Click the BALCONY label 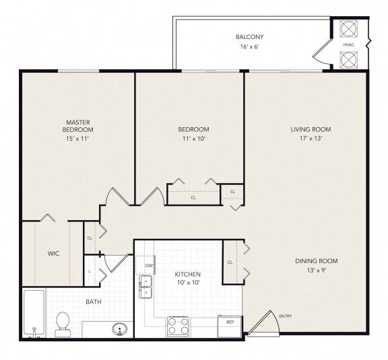[x=249, y=36]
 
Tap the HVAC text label [x=348, y=44]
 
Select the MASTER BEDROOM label [x=77, y=125]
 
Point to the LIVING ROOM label [x=311, y=129]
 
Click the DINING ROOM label [x=316, y=260]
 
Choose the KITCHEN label [x=188, y=275]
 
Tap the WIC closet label [x=54, y=254]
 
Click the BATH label [x=94, y=301]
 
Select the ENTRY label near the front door [x=285, y=316]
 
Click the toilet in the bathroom [x=63, y=323]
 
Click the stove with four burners [x=179, y=326]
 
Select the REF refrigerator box [x=230, y=325]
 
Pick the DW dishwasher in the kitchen [x=148, y=266]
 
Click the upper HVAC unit [x=348, y=29]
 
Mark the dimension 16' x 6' [x=249, y=47]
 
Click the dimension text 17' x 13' [x=311, y=140]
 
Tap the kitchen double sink [x=145, y=287]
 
